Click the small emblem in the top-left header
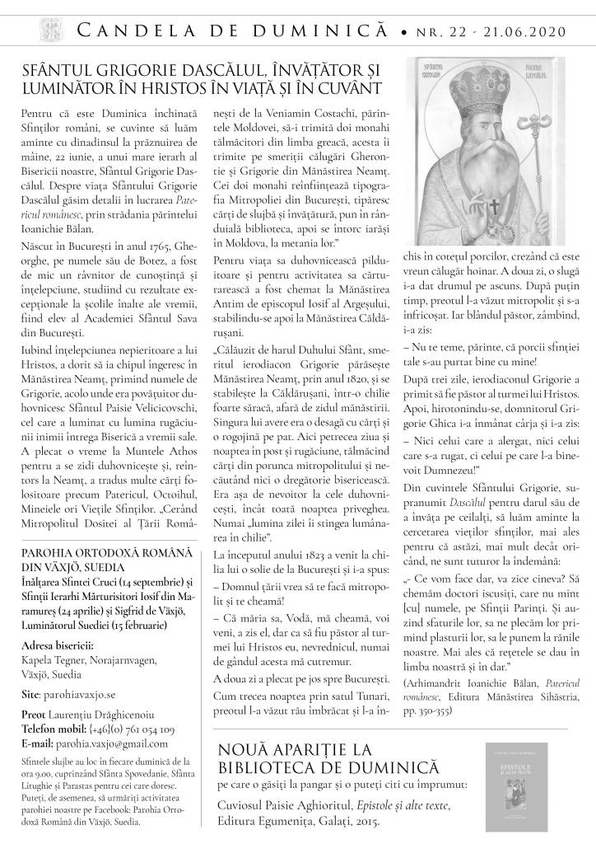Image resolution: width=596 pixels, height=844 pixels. pos(30,30)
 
